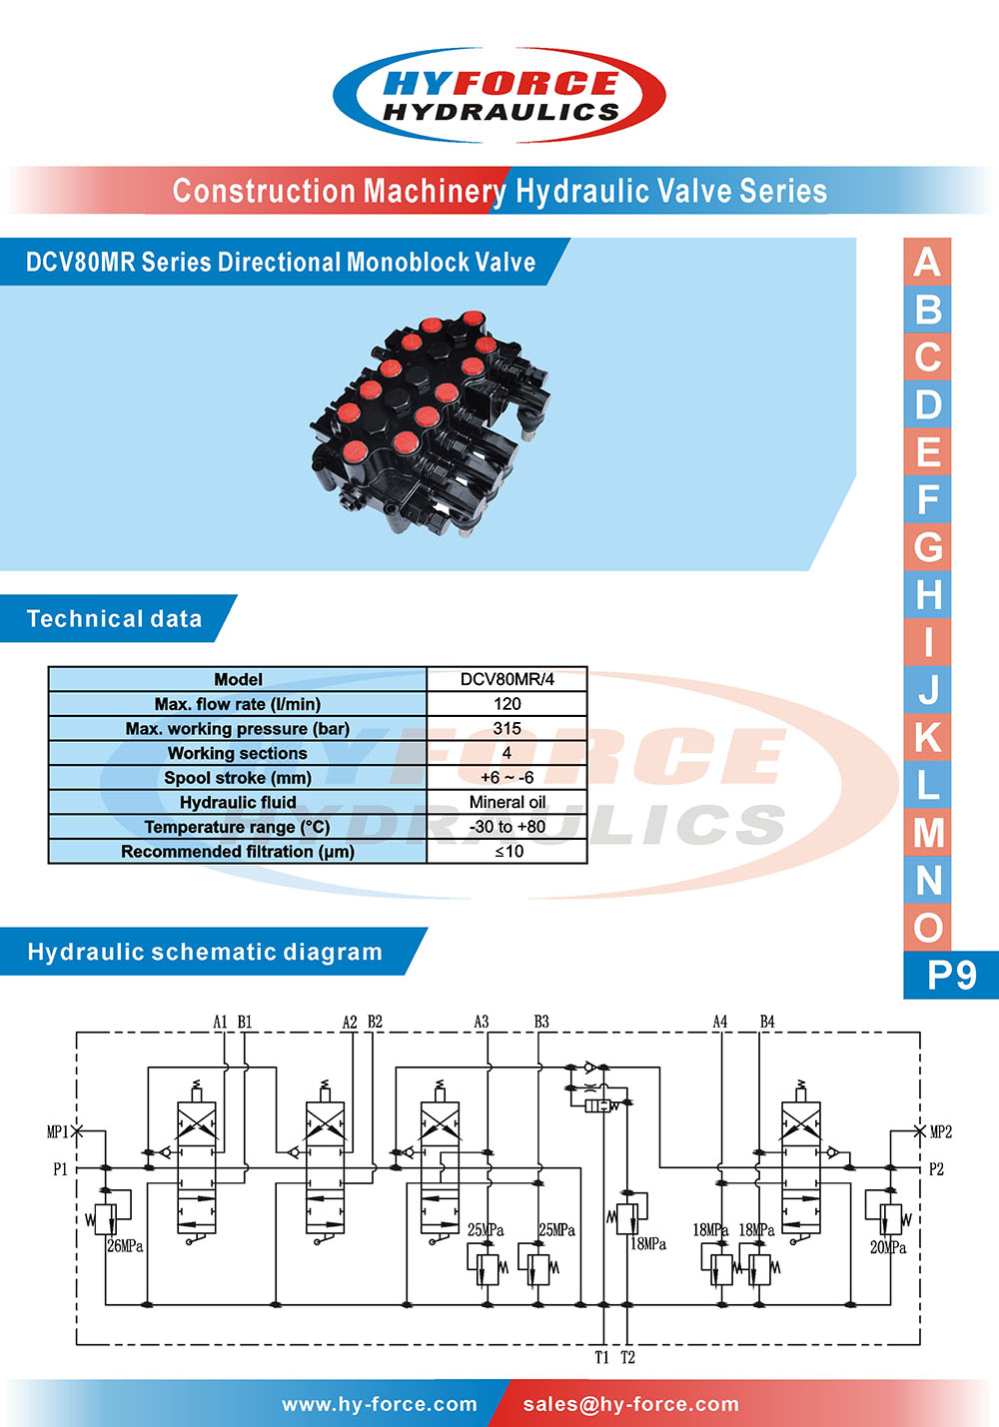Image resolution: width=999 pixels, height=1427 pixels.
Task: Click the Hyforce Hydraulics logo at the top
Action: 499,96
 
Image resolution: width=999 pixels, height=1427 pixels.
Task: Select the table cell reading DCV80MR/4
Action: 506,679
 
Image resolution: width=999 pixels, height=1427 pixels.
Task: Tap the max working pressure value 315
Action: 506,728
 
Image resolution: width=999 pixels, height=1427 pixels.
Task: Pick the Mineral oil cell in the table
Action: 506,802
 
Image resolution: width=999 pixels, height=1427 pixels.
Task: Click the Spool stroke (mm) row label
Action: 238,778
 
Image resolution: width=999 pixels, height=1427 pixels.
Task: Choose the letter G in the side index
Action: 927,547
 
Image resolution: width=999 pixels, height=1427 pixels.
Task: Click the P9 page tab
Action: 950,975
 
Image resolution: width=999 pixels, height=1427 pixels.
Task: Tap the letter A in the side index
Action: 927,262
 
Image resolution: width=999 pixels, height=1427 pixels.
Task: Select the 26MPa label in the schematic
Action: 125,1246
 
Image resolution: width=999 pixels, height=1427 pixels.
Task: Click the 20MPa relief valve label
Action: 888,1247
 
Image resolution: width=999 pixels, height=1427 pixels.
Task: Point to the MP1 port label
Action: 57,1132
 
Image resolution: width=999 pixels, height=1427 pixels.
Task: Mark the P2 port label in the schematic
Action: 936,1169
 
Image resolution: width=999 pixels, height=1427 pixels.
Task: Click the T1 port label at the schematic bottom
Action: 601,1358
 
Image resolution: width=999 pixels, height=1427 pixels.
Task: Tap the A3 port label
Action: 482,1022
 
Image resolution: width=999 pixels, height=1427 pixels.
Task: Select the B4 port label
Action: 767,1022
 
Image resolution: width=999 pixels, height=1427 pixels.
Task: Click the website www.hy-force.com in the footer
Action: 380,1404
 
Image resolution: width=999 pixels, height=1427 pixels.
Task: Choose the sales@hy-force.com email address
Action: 630,1404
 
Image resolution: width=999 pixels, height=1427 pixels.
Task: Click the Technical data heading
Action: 114,619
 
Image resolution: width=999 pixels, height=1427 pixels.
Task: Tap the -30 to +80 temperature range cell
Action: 506,827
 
